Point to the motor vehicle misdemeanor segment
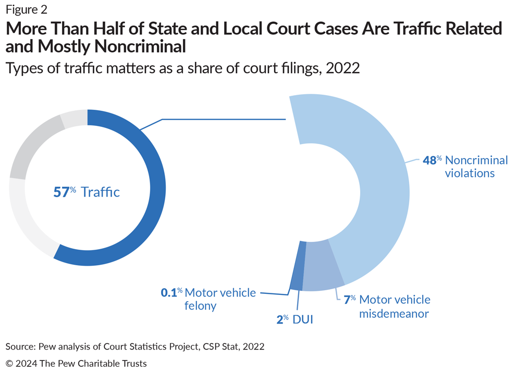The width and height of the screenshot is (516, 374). pyautogui.click(x=322, y=265)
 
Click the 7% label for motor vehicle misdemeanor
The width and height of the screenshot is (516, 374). pyautogui.click(x=349, y=300)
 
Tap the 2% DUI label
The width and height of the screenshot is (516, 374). pyautogui.click(x=282, y=319)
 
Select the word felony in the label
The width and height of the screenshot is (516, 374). pyautogui.click(x=200, y=306)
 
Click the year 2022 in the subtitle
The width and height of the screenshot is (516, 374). pyautogui.click(x=342, y=68)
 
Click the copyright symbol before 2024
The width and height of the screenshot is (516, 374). pyautogui.click(x=9, y=363)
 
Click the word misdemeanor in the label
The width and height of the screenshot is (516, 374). pyautogui.click(x=394, y=314)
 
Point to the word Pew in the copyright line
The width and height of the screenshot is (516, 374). pyautogui.click(x=66, y=363)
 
